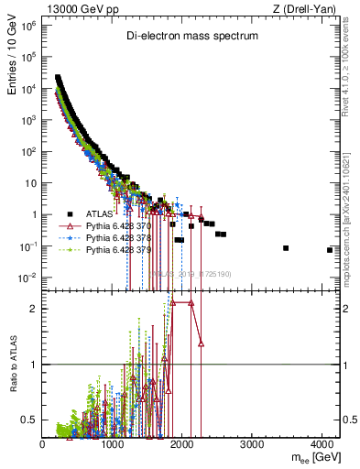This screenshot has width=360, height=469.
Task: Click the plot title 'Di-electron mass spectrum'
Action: [191, 36]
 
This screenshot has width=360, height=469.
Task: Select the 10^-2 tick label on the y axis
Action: [29, 278]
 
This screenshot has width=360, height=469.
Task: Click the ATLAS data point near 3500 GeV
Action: [286, 248]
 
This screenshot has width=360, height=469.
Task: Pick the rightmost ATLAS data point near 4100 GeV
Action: [329, 250]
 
